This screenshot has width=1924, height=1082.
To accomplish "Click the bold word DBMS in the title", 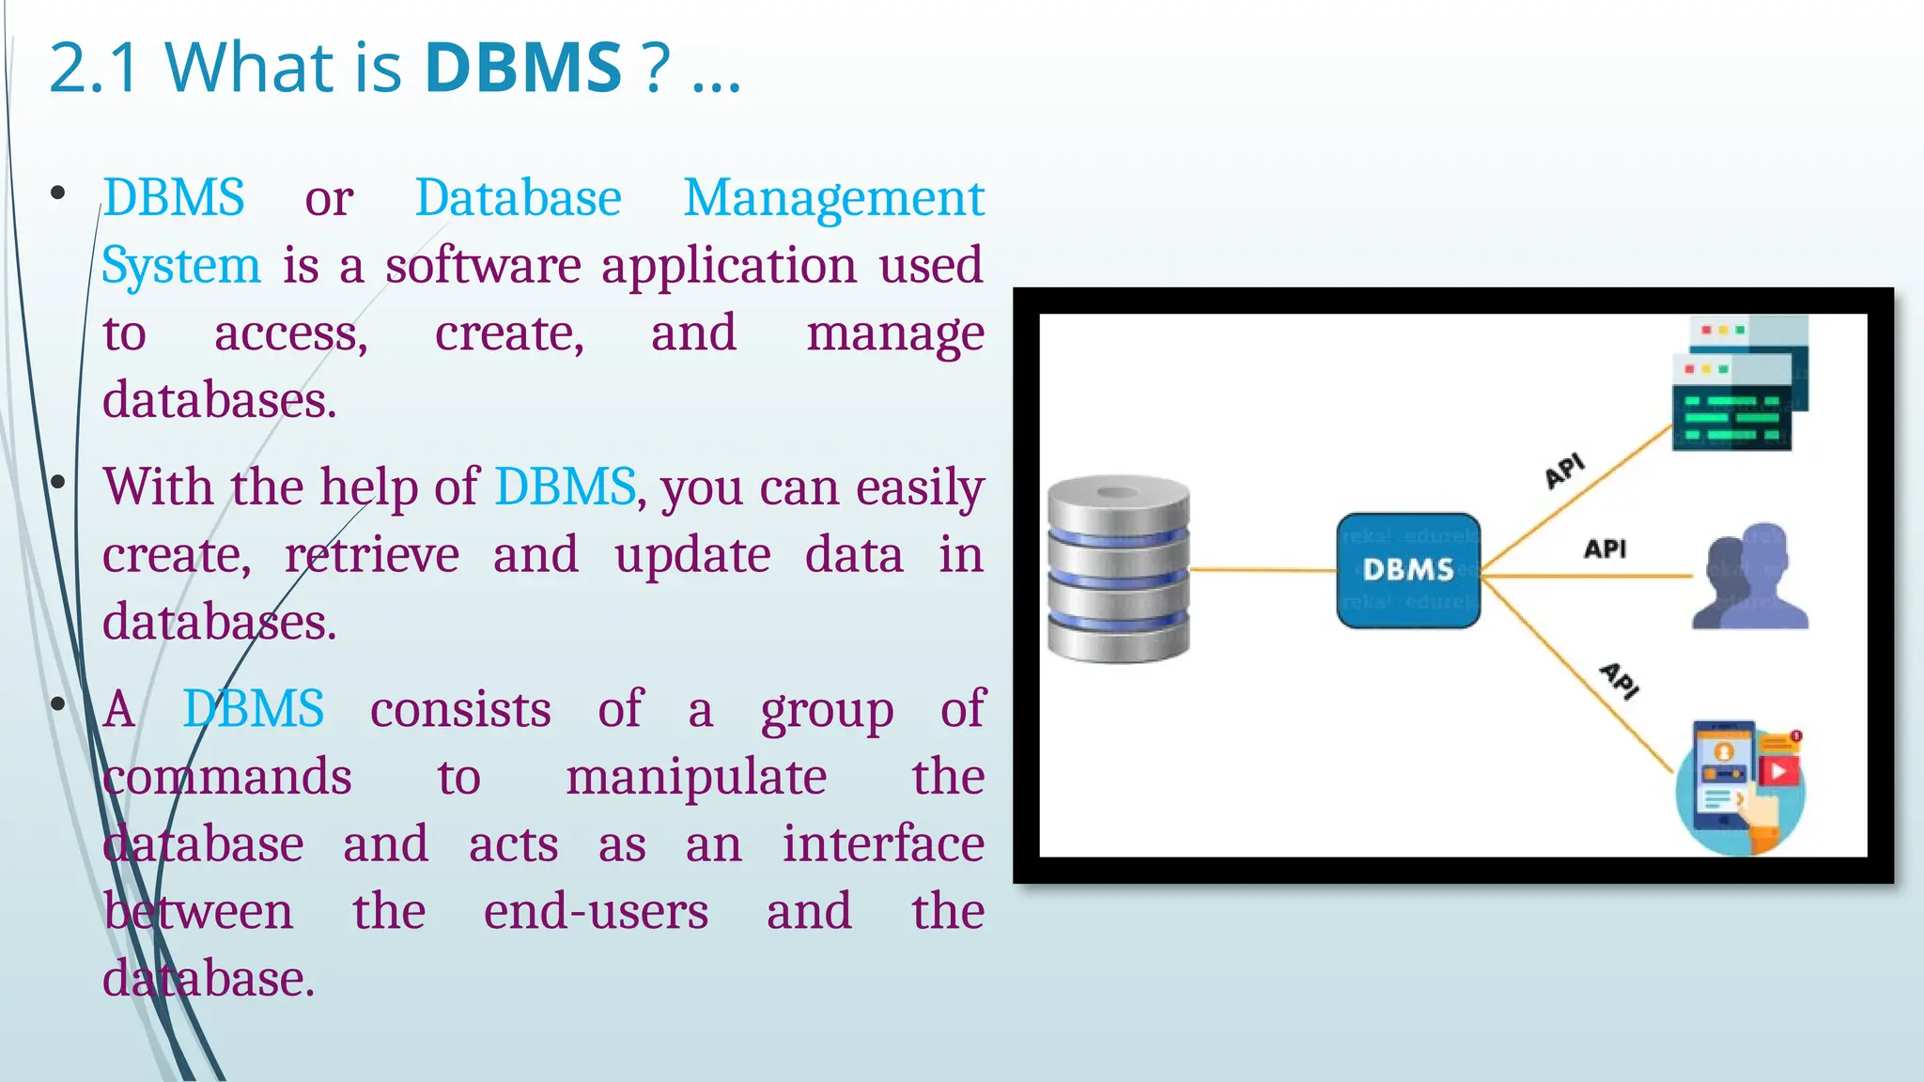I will point(523,68).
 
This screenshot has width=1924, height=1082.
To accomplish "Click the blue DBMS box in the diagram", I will point(1407,570).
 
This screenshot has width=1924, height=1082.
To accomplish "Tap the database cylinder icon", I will point(1118,569).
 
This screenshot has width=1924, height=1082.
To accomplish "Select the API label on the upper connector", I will point(1564,470).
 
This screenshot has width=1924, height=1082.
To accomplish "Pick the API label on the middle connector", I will point(1605,549).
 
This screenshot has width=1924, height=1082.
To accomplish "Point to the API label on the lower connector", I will point(1620,680).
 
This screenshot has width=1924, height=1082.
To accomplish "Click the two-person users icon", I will point(1750,577).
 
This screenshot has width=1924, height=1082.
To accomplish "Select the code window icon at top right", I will point(1739,384).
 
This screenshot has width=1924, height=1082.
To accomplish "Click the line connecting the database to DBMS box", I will point(1263,569).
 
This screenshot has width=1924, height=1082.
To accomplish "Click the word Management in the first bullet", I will point(833,199).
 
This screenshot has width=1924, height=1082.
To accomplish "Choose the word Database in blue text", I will point(518,199).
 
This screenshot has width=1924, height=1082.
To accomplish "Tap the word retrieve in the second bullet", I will point(372,554).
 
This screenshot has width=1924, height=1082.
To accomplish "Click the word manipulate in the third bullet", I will point(695,778).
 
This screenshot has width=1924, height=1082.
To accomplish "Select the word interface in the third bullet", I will point(883,844).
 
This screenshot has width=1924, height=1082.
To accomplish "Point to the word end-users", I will point(596,912).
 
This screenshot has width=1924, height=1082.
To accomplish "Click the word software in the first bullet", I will point(483,266).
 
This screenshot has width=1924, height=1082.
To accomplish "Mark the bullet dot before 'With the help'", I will point(58,483).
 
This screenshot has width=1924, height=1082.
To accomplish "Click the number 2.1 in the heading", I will point(94,68).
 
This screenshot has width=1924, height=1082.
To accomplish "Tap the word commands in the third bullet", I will point(227,778).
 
